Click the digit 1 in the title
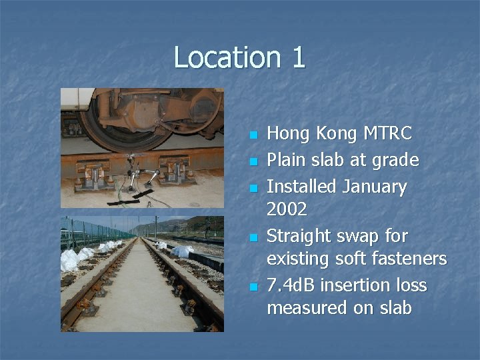point(298,57)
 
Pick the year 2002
point(287,209)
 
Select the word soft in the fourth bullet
point(360,259)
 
